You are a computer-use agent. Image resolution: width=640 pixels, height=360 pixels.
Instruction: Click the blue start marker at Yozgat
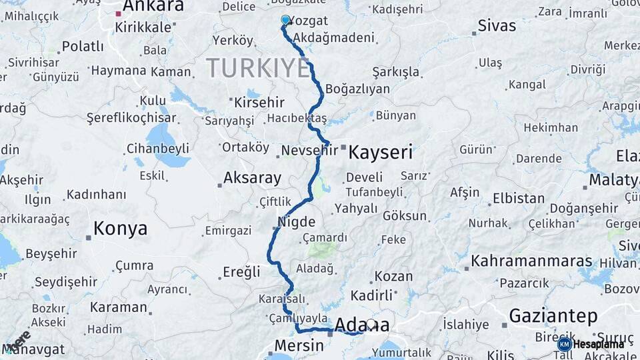[x=285, y=20]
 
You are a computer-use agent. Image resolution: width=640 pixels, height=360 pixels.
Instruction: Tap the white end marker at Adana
[x=371, y=325]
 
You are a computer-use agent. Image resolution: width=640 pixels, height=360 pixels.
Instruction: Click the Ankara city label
[x=153, y=7]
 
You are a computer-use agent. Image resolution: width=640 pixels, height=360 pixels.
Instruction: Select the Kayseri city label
[x=381, y=151]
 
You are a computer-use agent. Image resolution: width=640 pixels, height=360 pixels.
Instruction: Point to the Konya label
[x=120, y=229]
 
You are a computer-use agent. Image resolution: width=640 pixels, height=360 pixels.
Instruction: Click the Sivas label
[x=497, y=26]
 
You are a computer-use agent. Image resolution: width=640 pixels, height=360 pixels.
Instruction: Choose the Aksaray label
[x=252, y=178]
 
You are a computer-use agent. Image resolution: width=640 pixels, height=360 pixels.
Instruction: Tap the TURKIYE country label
[x=257, y=68]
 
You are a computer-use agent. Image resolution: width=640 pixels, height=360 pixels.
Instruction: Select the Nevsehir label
[x=309, y=151]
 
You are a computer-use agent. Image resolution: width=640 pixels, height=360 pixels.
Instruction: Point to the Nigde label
[x=296, y=221]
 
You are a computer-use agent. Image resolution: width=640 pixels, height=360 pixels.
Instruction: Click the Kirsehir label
[x=259, y=103]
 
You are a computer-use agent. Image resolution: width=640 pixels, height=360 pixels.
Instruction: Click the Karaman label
[x=118, y=307]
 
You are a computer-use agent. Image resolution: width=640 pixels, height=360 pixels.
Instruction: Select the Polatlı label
[x=83, y=47]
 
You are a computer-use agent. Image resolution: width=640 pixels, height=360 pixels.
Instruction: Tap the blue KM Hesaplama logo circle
[x=565, y=344]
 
